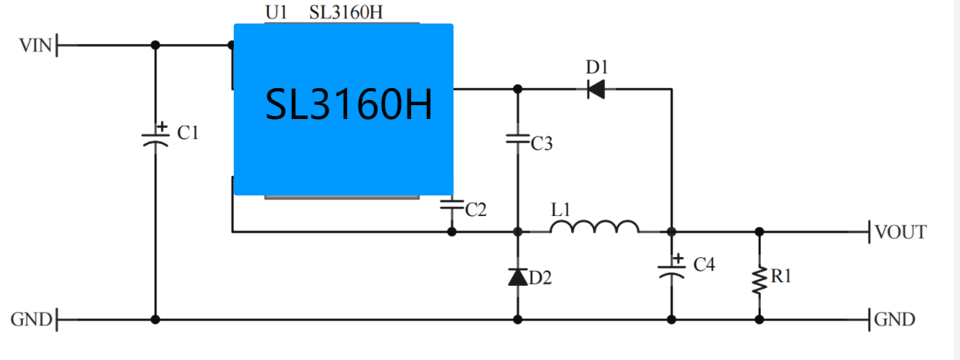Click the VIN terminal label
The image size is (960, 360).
[35, 46]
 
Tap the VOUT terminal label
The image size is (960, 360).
[901, 232]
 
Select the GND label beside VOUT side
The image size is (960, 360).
[895, 320]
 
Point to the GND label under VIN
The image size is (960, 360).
[32, 320]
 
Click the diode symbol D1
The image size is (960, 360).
[596, 89]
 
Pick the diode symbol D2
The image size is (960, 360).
[517, 277]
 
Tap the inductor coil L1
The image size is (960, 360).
[595, 227]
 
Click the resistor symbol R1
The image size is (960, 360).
[759, 281]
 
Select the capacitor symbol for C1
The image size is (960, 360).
[155, 140]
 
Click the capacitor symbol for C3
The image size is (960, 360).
[517, 139]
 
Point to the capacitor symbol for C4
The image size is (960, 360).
[672, 272]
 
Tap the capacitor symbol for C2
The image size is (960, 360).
[452, 204]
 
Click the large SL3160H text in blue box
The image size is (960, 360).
[348, 104]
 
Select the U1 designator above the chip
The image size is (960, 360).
[276, 12]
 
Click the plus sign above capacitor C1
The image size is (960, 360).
[162, 126]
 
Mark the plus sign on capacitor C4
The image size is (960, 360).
[678, 259]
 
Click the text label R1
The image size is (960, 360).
[781, 276]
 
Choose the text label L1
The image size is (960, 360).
[561, 210]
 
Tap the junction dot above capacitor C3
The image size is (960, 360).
[517, 89]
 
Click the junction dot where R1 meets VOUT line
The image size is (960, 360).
[759, 232]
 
